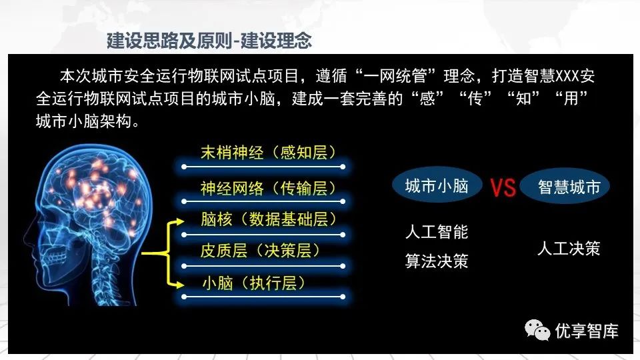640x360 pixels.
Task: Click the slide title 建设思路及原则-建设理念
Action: click(x=209, y=41)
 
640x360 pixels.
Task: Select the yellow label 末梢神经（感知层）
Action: click(x=268, y=153)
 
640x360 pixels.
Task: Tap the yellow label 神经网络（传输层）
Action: click(x=268, y=188)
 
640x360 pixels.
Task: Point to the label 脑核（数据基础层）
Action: click(x=268, y=219)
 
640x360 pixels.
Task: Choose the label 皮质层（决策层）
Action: click(x=260, y=251)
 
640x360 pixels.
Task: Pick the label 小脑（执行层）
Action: click(x=253, y=283)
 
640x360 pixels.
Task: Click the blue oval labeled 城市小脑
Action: click(x=437, y=186)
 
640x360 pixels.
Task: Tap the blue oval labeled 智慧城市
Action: click(x=565, y=187)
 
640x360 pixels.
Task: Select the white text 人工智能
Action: click(x=437, y=232)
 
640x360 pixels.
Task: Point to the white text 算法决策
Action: click(x=437, y=261)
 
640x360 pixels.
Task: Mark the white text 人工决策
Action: click(x=569, y=248)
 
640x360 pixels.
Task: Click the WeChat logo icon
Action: click(x=537, y=330)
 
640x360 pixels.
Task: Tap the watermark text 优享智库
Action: click(x=587, y=331)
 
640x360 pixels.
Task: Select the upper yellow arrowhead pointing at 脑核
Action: click(x=180, y=222)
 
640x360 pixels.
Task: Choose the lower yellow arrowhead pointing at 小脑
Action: click(x=180, y=285)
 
